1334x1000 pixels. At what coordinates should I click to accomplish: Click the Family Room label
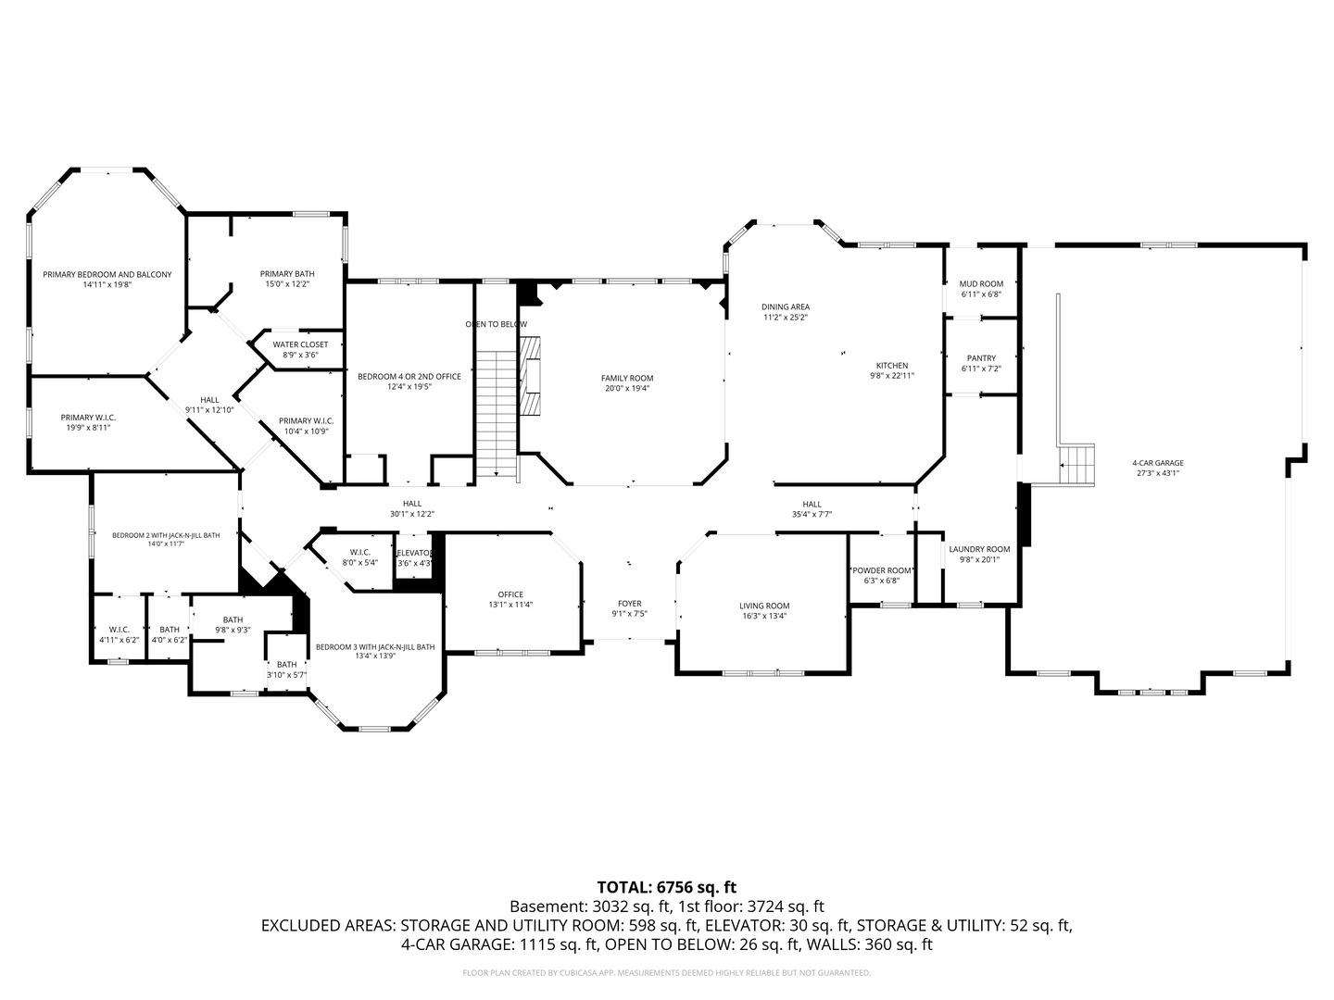click(x=627, y=379)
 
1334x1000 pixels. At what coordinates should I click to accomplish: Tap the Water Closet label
click(x=300, y=344)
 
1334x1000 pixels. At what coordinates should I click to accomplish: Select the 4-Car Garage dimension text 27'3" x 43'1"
click(x=1158, y=473)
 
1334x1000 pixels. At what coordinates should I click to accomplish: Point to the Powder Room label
click(x=882, y=570)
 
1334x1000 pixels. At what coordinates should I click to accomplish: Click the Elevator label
click(x=414, y=553)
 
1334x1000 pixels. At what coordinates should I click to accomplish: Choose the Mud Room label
click(x=981, y=284)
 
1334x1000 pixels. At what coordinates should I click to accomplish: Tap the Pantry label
click(x=981, y=358)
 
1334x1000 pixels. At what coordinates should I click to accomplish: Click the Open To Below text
click(x=496, y=324)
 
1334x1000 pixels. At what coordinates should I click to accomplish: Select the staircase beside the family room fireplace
click(x=496, y=415)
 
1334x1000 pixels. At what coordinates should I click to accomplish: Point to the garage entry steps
click(x=1076, y=465)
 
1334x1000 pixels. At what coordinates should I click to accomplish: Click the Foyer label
click(x=630, y=604)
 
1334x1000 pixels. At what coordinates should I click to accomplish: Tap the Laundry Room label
click(x=980, y=549)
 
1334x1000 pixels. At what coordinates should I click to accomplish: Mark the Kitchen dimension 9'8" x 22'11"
click(x=892, y=375)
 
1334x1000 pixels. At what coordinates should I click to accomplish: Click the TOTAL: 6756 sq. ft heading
click(x=667, y=888)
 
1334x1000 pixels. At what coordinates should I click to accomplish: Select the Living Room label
click(x=764, y=606)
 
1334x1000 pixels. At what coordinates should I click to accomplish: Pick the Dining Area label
click(x=786, y=307)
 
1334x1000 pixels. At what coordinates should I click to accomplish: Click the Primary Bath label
click(x=287, y=274)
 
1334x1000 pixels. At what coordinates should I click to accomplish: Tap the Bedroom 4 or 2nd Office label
click(x=409, y=377)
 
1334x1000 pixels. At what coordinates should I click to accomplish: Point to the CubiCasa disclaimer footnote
click(x=667, y=972)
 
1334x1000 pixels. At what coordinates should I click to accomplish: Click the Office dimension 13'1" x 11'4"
click(x=510, y=605)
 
